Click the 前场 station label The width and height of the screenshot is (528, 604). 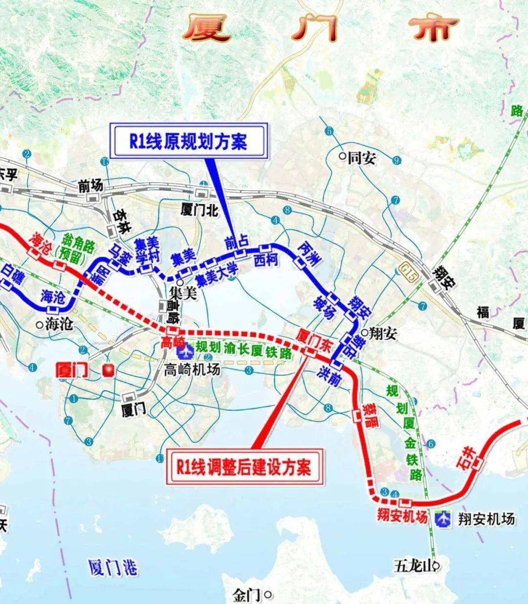(x=91, y=186)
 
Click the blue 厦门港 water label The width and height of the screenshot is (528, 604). (x=113, y=568)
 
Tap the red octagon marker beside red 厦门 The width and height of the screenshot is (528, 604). (x=108, y=370)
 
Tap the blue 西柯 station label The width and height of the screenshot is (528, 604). (x=266, y=260)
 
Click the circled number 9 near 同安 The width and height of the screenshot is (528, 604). (x=396, y=160)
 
